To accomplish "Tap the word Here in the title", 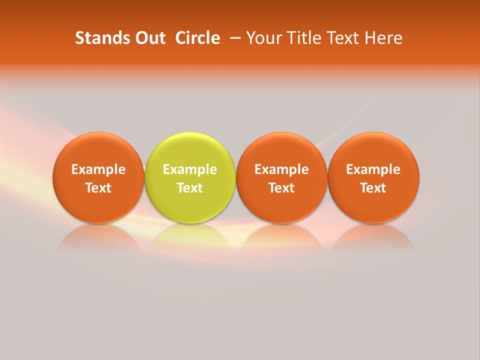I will [x=383, y=38].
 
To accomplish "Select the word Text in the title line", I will [x=341, y=38].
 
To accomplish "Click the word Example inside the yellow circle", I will [x=190, y=169].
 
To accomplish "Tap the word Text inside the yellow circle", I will [x=190, y=188].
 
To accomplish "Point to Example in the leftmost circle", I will [x=98, y=169].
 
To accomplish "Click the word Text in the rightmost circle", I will [x=373, y=188].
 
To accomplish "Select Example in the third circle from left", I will [x=281, y=169].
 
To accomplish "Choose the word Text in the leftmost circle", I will [x=98, y=188].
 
